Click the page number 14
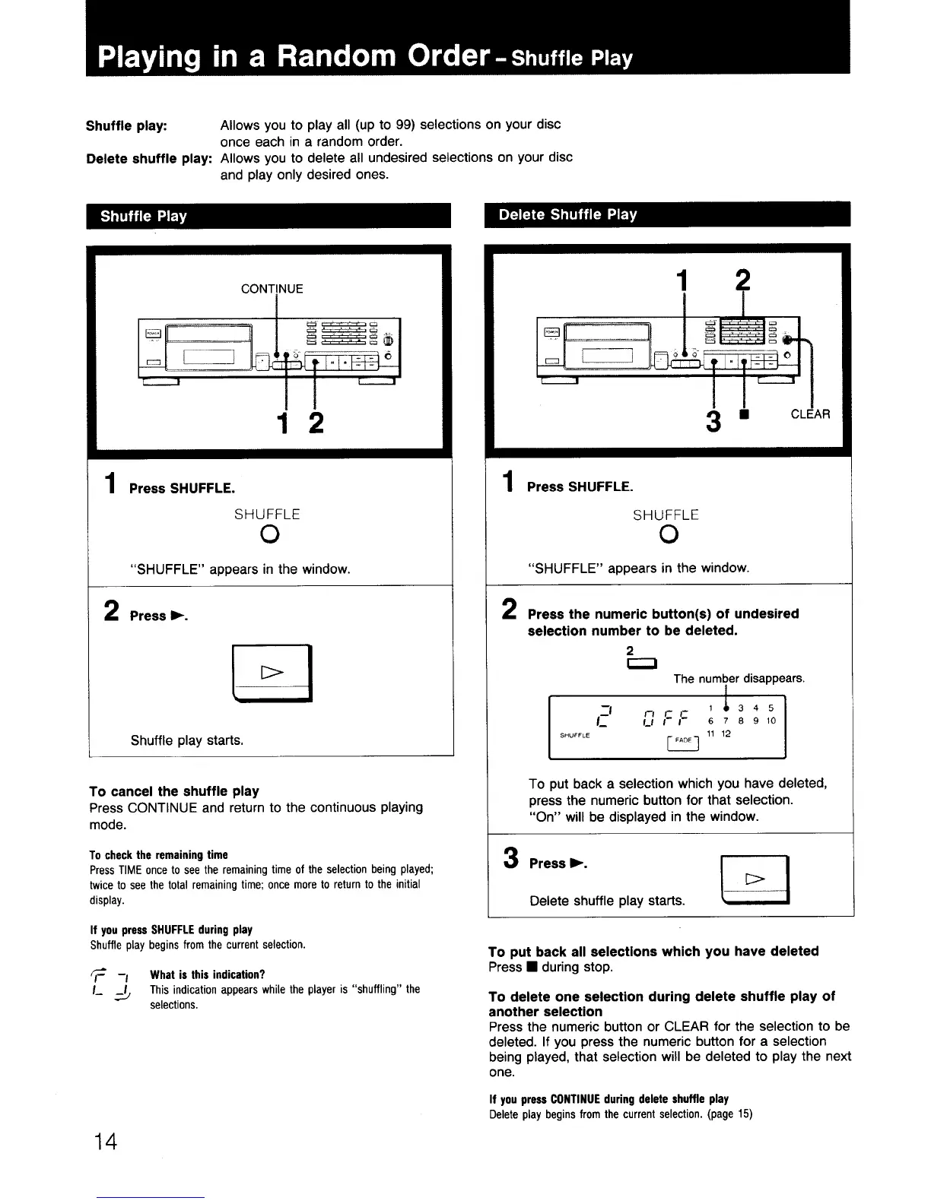coord(106,1141)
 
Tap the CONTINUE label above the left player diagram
coord(272,289)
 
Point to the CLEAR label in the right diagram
coord(810,414)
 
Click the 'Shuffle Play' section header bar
coord(268,217)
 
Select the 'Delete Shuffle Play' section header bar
coord(667,215)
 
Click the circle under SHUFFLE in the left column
coord(267,536)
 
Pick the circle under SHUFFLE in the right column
coord(666,536)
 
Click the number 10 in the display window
coord(771,721)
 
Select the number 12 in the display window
coord(726,733)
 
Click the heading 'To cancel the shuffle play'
coord(174,791)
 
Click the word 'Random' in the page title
coord(342,55)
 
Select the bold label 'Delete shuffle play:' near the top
coord(148,159)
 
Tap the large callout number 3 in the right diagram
coord(713,420)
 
